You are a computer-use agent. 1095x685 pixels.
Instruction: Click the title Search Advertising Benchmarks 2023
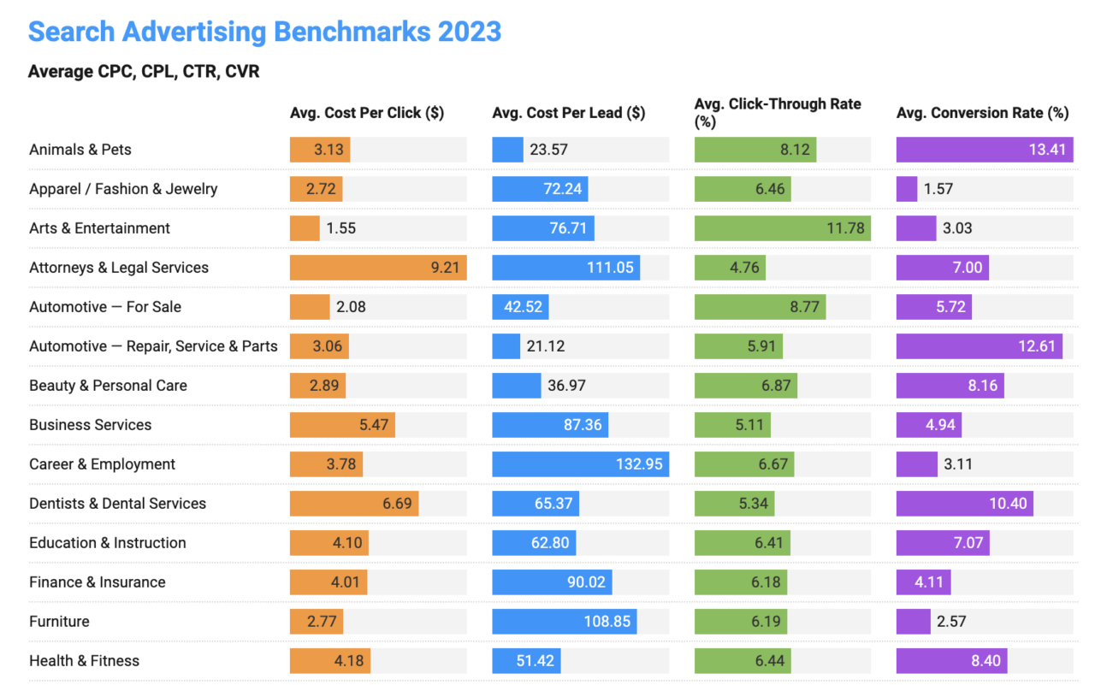264,32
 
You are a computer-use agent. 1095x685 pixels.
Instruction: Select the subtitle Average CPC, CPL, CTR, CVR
144,72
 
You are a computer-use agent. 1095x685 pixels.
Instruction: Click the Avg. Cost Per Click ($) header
367,113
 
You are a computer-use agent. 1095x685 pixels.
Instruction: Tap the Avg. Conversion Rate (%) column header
982,113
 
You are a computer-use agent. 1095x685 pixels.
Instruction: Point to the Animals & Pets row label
80,150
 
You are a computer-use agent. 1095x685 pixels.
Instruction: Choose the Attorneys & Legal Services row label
119,268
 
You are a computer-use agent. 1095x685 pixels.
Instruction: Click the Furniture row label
59,622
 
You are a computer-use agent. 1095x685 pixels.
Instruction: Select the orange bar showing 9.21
378,268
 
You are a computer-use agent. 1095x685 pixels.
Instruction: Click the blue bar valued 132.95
580,464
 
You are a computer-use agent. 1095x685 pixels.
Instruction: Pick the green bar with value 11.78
782,228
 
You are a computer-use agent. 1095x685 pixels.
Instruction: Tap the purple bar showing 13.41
984,150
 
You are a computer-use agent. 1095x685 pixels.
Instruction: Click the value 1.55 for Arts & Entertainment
341,228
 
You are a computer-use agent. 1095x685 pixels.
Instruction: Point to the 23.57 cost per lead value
548,150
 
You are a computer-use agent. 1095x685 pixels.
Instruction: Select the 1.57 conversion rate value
938,189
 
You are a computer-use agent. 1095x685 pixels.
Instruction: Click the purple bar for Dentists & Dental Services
964,504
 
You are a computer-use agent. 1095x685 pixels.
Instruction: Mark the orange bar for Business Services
342,425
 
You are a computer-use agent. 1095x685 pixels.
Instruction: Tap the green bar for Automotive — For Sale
760,307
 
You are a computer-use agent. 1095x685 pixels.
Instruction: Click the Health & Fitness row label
84,661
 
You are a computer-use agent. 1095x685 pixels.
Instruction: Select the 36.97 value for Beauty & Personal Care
566,386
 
